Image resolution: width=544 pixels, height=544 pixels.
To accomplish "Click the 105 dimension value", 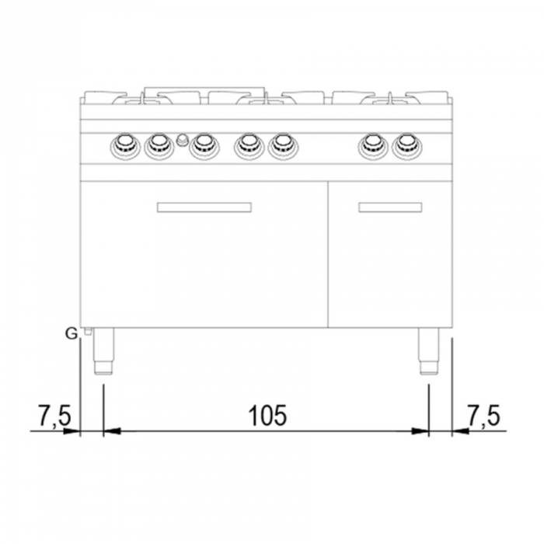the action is pos(268,415).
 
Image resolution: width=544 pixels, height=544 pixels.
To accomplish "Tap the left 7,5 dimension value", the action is pos(54,415).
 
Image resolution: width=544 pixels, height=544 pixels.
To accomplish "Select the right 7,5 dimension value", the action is pos(483,415).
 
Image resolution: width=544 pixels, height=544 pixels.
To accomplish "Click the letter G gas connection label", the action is pos(71,334).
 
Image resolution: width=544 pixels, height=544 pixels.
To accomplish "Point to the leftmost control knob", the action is pos(125,146).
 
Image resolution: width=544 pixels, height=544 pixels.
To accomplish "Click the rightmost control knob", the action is pos(407,145).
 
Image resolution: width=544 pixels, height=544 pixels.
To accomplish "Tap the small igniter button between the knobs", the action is pos(181,140).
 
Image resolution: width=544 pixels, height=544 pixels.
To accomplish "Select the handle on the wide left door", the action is pos(204,207).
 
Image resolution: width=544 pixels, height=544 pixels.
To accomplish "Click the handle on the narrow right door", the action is pos(390,207).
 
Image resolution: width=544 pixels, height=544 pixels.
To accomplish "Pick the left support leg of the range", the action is pos(103,351).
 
